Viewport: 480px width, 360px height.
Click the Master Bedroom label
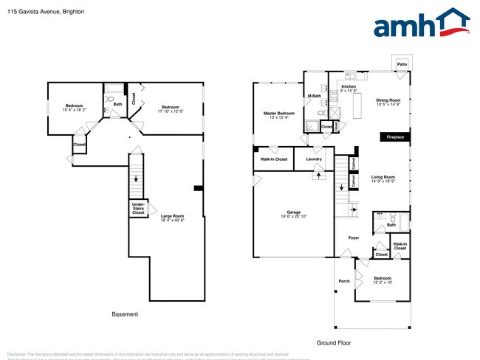point(279,115)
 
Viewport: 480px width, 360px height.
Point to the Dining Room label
point(388,102)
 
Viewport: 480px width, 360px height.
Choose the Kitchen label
point(349,89)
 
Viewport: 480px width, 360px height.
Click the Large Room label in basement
point(172,218)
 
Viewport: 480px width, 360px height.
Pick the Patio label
point(402,65)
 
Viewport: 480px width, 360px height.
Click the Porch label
point(344,280)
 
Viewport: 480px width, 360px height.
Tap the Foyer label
point(354,238)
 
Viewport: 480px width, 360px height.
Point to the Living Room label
point(383,179)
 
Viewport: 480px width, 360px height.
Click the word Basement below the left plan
point(125,314)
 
